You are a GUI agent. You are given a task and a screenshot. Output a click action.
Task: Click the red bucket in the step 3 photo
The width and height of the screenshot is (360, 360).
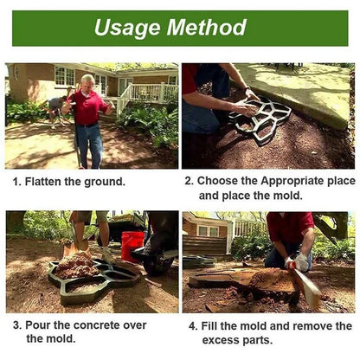[132, 245]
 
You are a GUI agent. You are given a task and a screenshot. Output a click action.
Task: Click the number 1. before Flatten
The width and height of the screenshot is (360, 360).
[16, 182]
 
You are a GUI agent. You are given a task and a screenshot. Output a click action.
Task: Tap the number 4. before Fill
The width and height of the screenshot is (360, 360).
[193, 326]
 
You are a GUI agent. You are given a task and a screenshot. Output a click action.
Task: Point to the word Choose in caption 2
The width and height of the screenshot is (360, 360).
[217, 181]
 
